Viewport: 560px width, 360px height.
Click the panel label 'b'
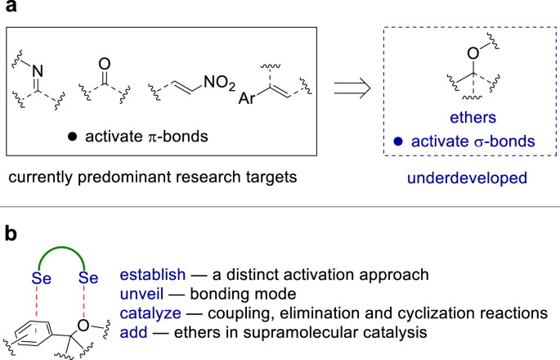point(11,234)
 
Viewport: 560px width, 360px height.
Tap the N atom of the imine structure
point(35,71)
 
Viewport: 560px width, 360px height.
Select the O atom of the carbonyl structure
point(103,63)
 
